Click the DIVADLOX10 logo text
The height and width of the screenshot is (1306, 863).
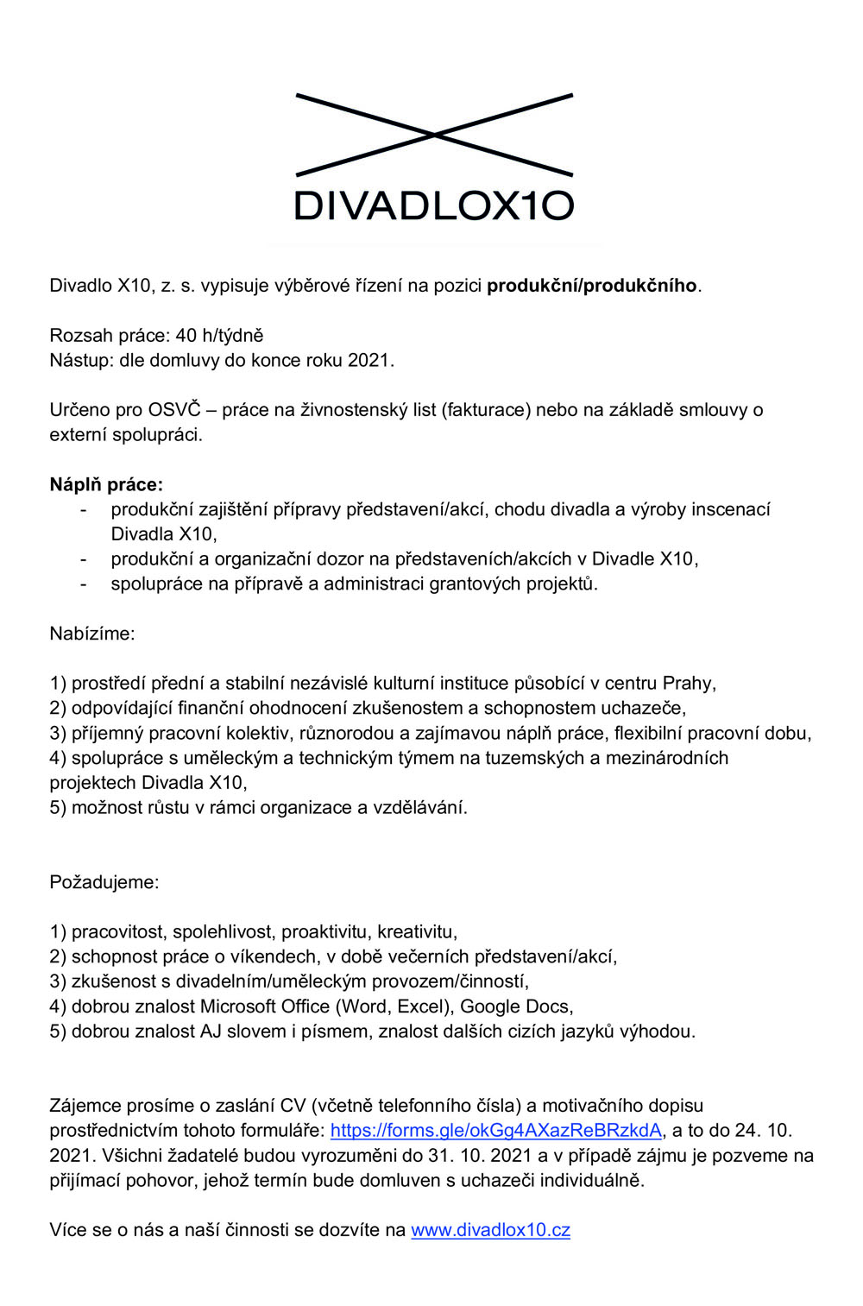point(434,205)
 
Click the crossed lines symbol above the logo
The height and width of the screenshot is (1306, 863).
point(434,135)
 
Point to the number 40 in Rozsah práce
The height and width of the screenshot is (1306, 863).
point(186,336)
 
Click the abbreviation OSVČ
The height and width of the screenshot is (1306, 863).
point(173,410)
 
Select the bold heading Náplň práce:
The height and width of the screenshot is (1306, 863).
point(106,485)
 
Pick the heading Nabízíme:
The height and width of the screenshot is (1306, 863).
point(92,634)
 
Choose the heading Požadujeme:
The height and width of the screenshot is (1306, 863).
point(104,883)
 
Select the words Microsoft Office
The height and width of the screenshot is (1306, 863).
point(265,1006)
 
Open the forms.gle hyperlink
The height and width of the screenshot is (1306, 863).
point(496,1131)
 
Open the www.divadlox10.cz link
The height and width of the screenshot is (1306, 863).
point(490,1231)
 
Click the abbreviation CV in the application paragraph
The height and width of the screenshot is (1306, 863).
point(293,1106)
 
